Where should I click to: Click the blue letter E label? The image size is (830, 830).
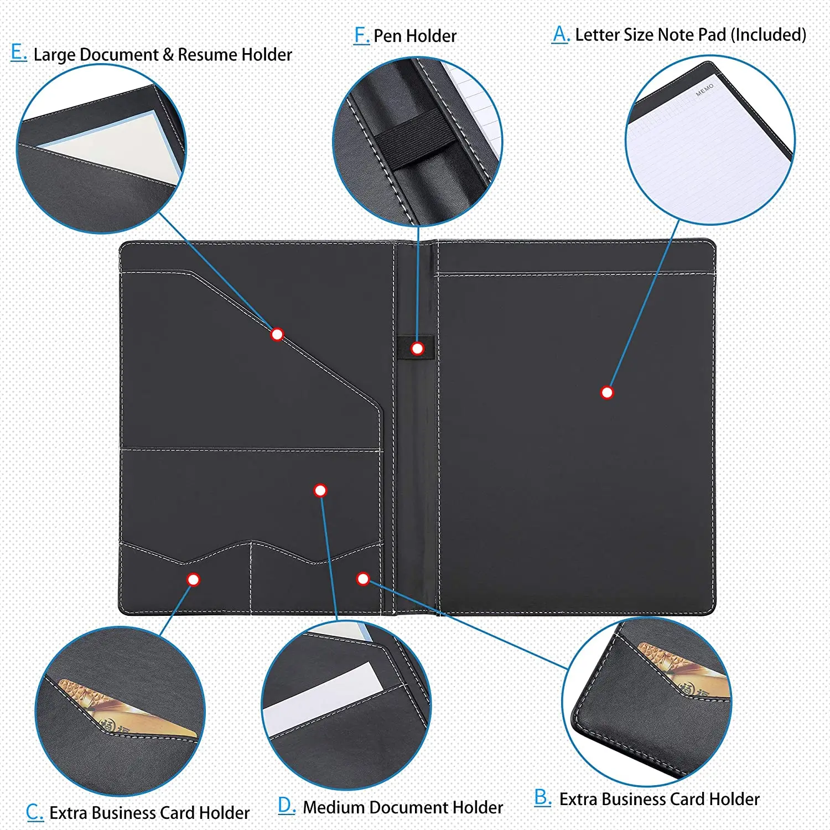click(x=18, y=53)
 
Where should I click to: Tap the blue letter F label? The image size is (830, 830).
click(x=361, y=35)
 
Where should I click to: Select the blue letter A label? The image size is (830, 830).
click(x=560, y=34)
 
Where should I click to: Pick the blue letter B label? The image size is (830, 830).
click(x=542, y=797)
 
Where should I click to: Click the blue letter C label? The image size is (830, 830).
click(x=34, y=812)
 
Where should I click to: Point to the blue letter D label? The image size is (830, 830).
click(x=286, y=806)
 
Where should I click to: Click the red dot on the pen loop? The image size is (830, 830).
click(x=418, y=349)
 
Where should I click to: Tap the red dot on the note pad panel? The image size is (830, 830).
click(x=607, y=392)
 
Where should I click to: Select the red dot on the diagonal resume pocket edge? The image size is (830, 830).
click(x=277, y=334)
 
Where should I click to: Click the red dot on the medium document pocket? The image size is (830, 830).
click(x=320, y=490)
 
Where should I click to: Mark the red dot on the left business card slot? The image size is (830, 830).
click(x=193, y=579)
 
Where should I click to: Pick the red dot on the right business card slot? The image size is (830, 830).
click(x=363, y=579)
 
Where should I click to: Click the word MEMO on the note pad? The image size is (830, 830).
click(x=704, y=90)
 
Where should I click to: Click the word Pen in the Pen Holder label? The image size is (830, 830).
click(x=387, y=36)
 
